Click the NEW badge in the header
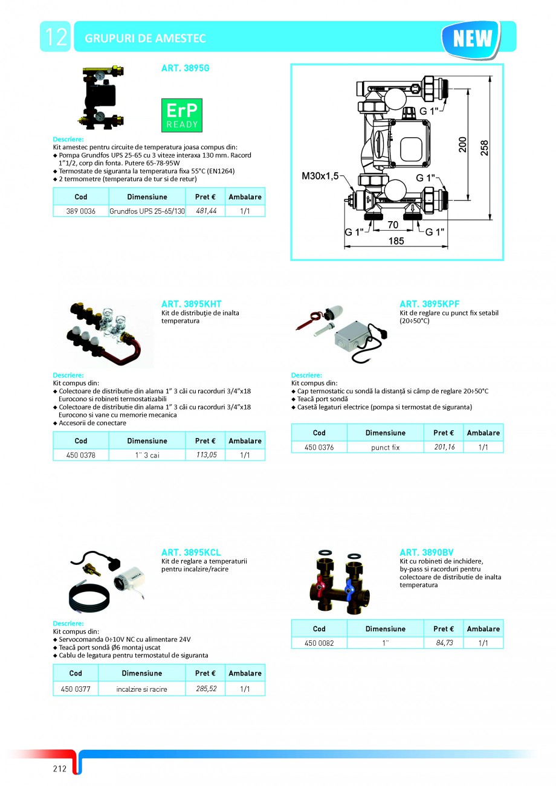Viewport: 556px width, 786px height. tap(472, 39)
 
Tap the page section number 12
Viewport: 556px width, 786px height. tap(55, 37)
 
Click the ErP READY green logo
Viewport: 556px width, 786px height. tap(182, 115)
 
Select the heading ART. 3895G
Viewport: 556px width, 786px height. tap(185, 69)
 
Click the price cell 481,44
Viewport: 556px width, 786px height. tap(206, 211)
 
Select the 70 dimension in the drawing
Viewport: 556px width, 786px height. tap(393, 224)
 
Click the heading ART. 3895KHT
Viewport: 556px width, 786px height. tap(191, 304)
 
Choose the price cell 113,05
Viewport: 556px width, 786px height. tap(206, 455)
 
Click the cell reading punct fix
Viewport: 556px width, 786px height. tap(386, 447)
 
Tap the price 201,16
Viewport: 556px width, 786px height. tap(444, 447)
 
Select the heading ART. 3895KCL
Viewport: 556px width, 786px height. tap(191, 552)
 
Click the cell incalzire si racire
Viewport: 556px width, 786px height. tap(142, 689)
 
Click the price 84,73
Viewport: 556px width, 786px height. tap(444, 643)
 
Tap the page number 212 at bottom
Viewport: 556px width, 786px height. tap(59, 769)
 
